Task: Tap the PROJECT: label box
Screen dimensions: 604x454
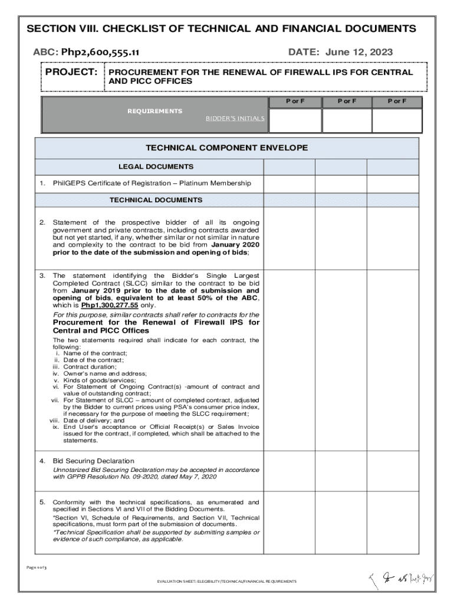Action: point(72,72)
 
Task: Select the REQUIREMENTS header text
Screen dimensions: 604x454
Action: point(155,111)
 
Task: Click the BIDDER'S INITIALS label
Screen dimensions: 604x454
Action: point(235,118)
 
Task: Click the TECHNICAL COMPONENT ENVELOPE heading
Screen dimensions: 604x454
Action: point(226,148)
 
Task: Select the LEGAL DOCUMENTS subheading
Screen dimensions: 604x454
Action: point(156,167)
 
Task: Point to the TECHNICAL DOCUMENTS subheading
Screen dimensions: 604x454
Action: point(156,200)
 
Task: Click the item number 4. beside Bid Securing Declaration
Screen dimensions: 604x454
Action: point(42,461)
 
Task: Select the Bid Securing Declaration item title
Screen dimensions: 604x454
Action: point(94,461)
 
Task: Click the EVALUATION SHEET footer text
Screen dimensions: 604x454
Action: point(226,582)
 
